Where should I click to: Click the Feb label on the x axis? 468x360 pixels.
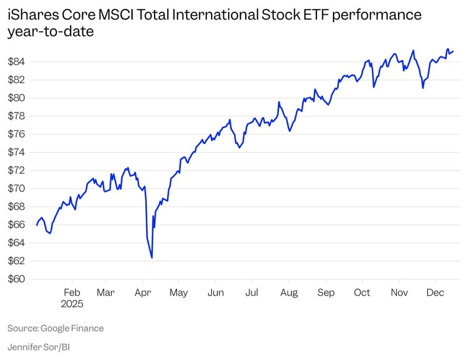72,292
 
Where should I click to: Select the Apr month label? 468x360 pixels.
142,292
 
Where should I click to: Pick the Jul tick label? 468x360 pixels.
252,292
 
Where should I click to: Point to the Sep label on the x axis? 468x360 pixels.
325,292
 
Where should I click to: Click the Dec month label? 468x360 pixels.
435,292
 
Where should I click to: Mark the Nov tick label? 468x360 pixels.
399,292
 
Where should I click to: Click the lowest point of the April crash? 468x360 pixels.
152,258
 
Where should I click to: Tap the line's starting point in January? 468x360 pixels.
37,225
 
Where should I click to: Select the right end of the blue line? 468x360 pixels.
454,51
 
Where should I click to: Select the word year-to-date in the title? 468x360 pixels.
51,32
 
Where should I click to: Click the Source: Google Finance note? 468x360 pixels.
55,327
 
